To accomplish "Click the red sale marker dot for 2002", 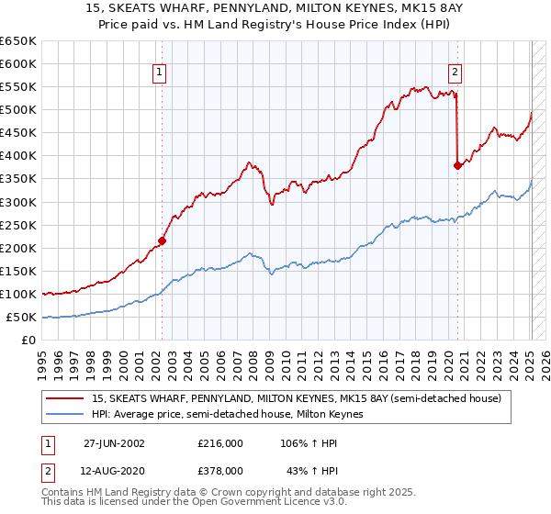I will tap(162, 240).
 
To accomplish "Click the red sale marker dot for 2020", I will tap(456, 165).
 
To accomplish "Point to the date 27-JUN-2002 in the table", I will tap(114, 443).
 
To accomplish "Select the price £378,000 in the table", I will tap(220, 470).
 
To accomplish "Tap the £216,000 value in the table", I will tap(220, 443).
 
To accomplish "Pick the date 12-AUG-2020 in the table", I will tap(115, 470).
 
